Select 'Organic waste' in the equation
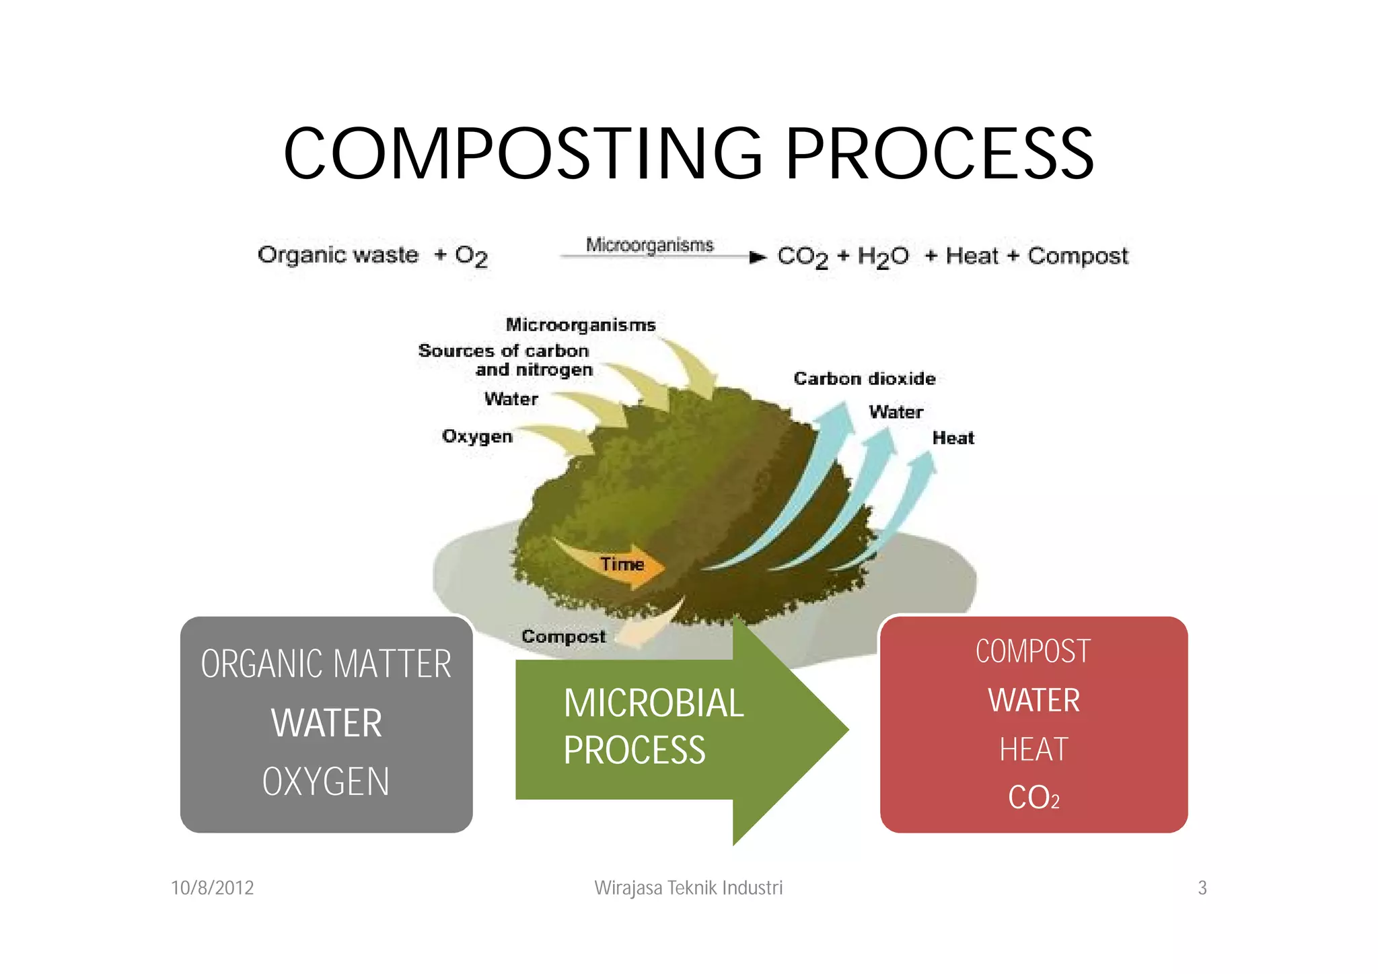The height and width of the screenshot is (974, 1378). [338, 255]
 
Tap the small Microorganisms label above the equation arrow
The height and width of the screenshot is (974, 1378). [649, 245]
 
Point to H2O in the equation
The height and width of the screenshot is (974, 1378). [883, 256]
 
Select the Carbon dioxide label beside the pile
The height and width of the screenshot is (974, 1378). [865, 379]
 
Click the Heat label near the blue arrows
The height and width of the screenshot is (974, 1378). [953, 438]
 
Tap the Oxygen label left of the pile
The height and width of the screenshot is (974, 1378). [477, 436]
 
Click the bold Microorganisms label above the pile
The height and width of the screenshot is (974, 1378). [581, 325]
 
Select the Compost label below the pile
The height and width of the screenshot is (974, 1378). [564, 637]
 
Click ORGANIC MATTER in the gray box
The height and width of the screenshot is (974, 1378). [326, 664]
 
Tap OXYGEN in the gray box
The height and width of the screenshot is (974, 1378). [326, 782]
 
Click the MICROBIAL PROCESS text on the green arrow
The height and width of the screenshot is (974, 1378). [653, 726]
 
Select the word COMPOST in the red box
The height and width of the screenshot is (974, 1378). [1033, 652]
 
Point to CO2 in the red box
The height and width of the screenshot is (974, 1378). [1033, 798]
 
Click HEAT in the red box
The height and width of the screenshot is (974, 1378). [1033, 750]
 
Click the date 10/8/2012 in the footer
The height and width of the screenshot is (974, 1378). [213, 888]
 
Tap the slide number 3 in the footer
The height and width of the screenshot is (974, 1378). [1202, 888]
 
